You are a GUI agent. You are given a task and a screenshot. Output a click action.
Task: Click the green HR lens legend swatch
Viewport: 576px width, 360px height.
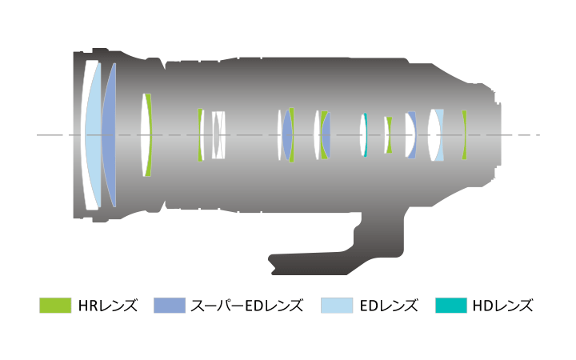[x=55, y=306]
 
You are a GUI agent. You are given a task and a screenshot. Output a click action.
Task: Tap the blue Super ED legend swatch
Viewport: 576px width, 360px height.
[x=170, y=306]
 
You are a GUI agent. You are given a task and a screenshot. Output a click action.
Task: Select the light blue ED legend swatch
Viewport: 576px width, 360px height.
[x=337, y=306]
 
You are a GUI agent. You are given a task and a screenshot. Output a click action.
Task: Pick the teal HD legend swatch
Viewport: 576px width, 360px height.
[x=451, y=306]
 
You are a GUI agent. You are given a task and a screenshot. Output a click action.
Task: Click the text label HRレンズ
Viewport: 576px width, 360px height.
[x=108, y=306]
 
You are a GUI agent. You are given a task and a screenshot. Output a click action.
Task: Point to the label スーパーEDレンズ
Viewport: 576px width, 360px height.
[x=247, y=306]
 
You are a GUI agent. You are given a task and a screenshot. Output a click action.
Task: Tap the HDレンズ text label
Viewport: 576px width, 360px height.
[x=502, y=306]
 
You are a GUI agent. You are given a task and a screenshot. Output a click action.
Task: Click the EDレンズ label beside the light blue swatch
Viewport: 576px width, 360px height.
[x=389, y=306]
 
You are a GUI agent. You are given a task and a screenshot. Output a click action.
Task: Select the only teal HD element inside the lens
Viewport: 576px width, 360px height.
[x=366, y=135]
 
